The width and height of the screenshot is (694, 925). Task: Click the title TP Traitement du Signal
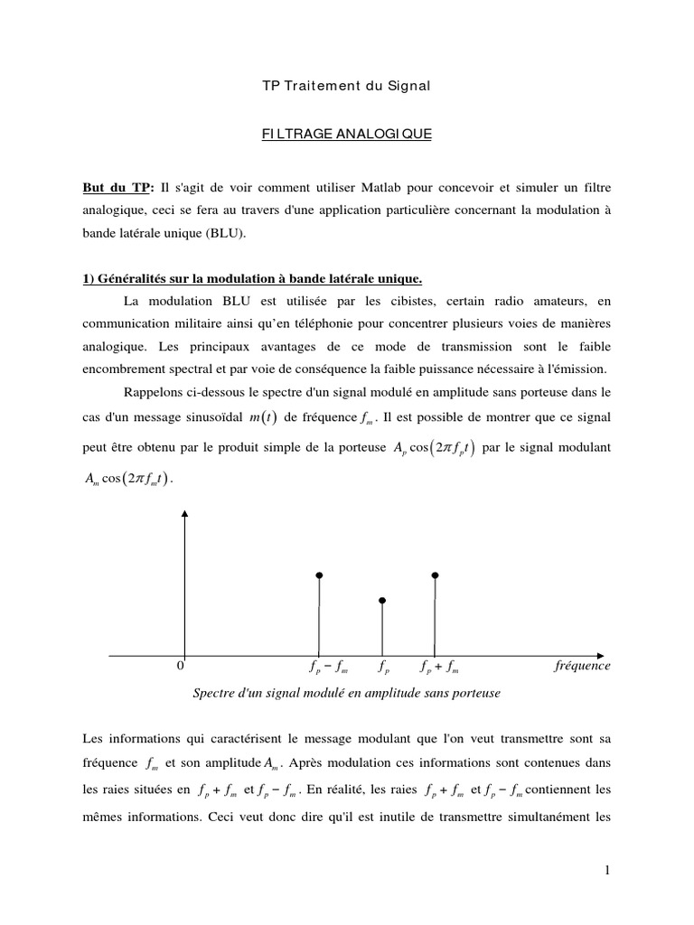(346, 86)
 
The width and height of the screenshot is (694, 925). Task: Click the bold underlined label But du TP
(114, 188)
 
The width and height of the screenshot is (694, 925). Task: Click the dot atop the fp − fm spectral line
(319, 575)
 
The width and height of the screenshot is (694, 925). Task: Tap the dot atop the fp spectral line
(382, 600)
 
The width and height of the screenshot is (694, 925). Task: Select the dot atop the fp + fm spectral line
(436, 575)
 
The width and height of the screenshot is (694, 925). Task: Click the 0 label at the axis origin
(180, 666)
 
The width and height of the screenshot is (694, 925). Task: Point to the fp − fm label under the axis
(328, 668)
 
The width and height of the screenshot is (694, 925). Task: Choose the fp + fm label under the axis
(440, 668)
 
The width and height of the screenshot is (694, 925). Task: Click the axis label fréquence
(581, 666)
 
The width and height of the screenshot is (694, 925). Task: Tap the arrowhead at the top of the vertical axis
(184, 513)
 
